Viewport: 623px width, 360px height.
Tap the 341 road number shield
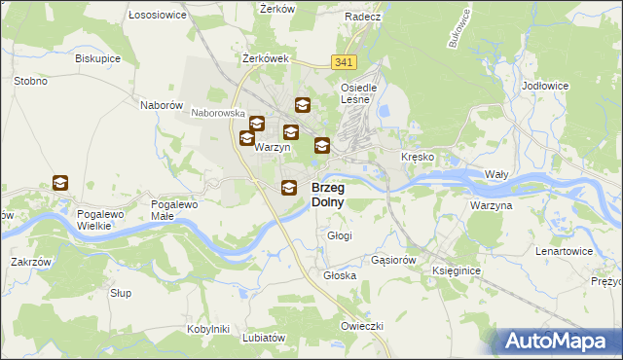pos(343,62)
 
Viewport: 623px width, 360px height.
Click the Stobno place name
pos(31,81)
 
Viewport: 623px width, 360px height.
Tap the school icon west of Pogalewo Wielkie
pos(60,183)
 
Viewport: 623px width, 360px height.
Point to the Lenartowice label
pos(565,251)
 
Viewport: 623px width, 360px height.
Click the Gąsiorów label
pos(394,261)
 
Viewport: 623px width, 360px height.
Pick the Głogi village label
pos(340,235)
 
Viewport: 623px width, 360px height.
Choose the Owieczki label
pos(361,325)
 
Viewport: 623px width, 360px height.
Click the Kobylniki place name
pos(207,329)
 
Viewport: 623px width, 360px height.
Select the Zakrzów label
pos(30,262)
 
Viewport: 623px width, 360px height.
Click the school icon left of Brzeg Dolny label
pos(289,189)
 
